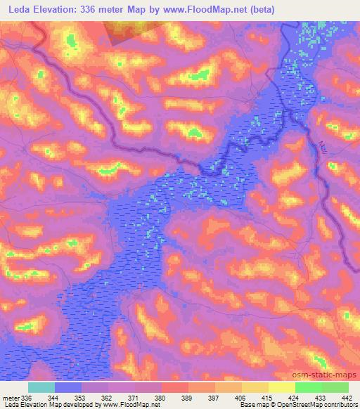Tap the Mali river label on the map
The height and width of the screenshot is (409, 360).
click(x=323, y=149)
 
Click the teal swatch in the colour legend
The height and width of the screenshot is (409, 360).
click(x=41, y=387)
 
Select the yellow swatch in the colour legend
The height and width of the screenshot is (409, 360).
click(x=282, y=387)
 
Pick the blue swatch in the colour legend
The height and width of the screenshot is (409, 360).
click(x=67, y=387)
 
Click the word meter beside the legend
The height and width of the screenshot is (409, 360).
click(x=11, y=397)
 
